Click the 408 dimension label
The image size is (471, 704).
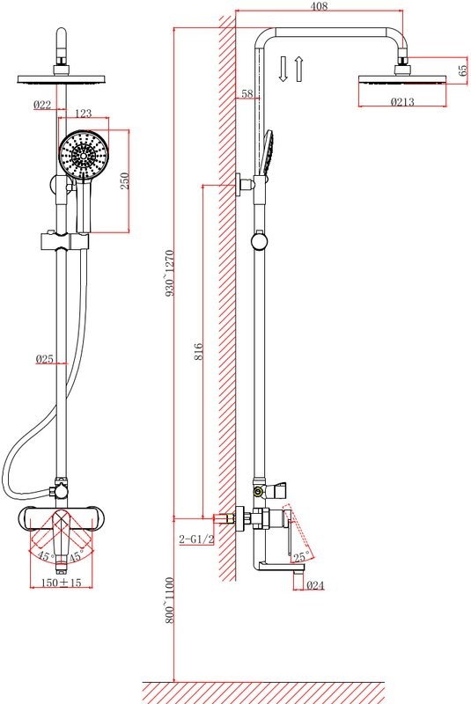pyautogui.click(x=319, y=6)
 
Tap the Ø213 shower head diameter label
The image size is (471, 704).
pyautogui.click(x=402, y=102)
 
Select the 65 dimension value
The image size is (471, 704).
pyautogui.click(x=462, y=70)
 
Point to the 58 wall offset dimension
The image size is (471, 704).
pyautogui.click(x=247, y=94)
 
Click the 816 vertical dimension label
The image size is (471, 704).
pyautogui.click(x=198, y=351)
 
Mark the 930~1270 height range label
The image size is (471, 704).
pyautogui.click(x=169, y=273)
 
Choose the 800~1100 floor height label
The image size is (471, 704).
pyautogui.click(x=169, y=600)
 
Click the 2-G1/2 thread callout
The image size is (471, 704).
pyautogui.click(x=196, y=539)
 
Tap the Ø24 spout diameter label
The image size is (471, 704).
pyautogui.click(x=315, y=585)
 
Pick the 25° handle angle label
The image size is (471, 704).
pyautogui.click(x=301, y=557)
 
